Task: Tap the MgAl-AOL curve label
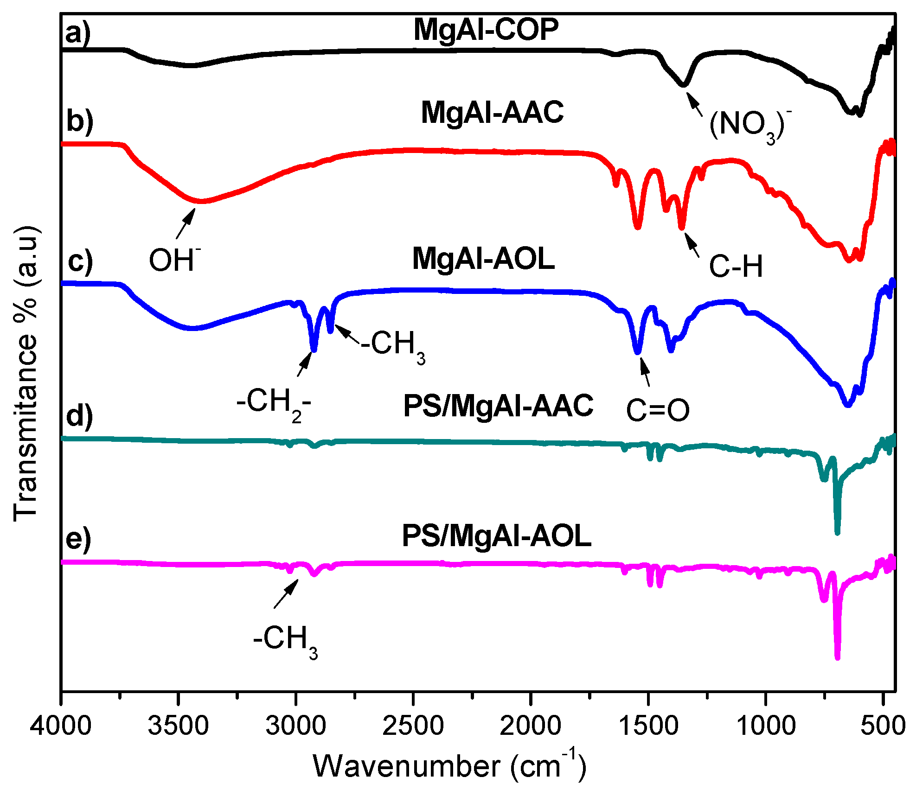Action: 483,258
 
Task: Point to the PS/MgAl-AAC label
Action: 498,406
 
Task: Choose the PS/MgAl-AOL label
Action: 496,536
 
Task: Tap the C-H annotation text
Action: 736,267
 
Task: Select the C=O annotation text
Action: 658,410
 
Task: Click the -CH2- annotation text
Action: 274,402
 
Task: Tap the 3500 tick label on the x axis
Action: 178,725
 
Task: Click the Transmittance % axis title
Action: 26,373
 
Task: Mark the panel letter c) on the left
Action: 80,261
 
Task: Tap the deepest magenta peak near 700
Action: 837,656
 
